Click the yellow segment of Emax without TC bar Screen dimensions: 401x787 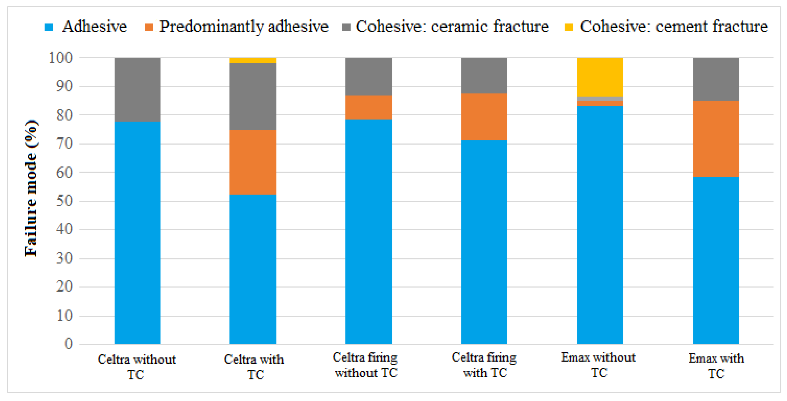click(600, 77)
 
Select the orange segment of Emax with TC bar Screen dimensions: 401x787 click(716, 139)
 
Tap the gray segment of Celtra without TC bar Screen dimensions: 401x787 click(137, 89)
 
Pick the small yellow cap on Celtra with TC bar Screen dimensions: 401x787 click(253, 60)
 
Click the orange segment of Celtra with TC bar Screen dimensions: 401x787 click(253, 162)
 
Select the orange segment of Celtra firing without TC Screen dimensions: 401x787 click(368, 107)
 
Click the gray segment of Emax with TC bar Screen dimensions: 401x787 click(716, 79)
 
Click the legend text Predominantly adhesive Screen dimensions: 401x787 click(243, 26)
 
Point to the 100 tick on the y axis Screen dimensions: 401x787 click(60, 57)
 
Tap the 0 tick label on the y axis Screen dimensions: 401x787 click(68, 344)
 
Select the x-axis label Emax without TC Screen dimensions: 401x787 click(598, 365)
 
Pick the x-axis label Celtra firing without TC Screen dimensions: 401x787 click(366, 365)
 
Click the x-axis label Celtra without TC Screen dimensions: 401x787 click(137, 367)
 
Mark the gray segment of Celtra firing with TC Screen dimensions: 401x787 click(484, 75)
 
